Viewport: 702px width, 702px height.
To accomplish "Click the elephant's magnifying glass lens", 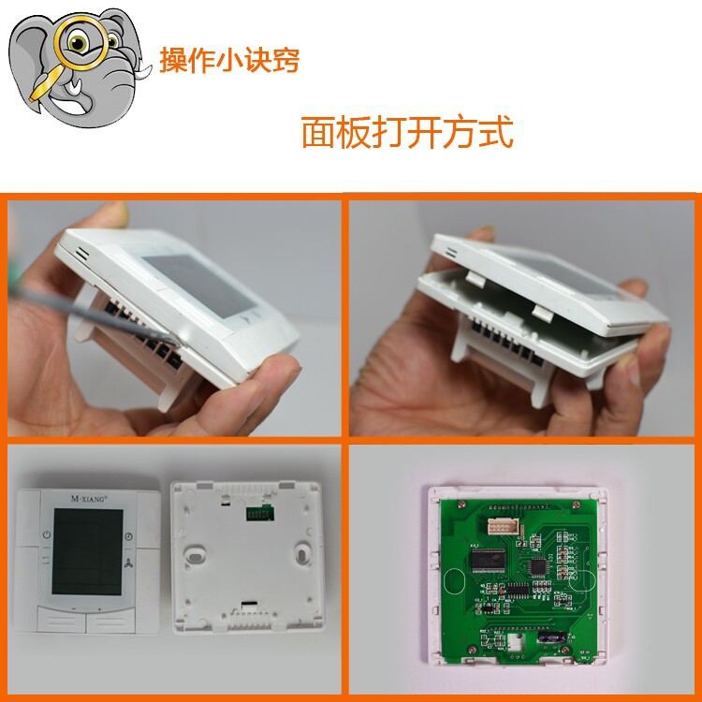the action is pos(80,42).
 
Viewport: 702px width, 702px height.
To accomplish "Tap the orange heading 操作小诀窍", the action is pos(229,60).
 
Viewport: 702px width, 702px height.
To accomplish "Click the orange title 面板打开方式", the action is pos(407,132).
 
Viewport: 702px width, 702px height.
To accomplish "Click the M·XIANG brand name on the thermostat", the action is pos(89,499).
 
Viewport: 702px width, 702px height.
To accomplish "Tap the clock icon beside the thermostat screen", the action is pos(128,536).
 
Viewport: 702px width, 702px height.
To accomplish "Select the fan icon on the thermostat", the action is pos(128,563).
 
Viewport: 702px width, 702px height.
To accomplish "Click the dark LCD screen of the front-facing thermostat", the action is pos(87,551).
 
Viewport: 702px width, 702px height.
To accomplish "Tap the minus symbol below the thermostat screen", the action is pos(74,609).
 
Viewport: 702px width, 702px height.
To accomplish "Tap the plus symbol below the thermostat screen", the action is pos(99,609).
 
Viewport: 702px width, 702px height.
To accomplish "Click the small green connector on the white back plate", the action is pos(259,513).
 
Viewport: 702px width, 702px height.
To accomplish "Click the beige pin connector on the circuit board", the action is pos(504,526).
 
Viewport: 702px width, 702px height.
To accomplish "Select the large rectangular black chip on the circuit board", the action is pos(488,560).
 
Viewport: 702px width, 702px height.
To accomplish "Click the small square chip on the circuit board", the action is pos(537,567).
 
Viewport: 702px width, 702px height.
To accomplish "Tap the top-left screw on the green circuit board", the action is pos(461,505).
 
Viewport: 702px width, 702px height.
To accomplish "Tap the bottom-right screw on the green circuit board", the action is pos(565,650).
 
